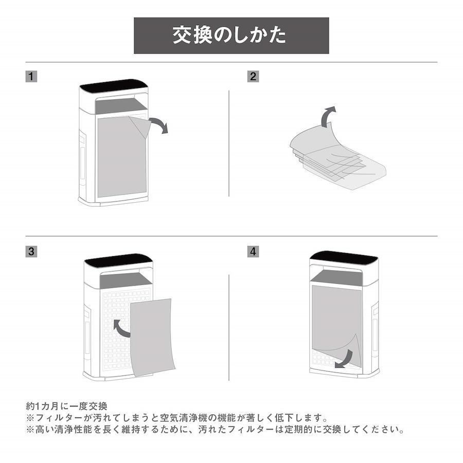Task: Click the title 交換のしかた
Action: (229, 35)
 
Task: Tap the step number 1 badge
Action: (31, 77)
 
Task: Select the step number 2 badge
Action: (253, 77)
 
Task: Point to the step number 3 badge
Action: (31, 252)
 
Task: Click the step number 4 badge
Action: (253, 252)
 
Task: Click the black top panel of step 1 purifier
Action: (114, 85)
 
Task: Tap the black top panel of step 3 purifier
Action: (118, 260)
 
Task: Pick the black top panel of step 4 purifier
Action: (344, 258)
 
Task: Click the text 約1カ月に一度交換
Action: (66, 406)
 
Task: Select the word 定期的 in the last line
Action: (299, 430)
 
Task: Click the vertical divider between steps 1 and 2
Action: (229, 144)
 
